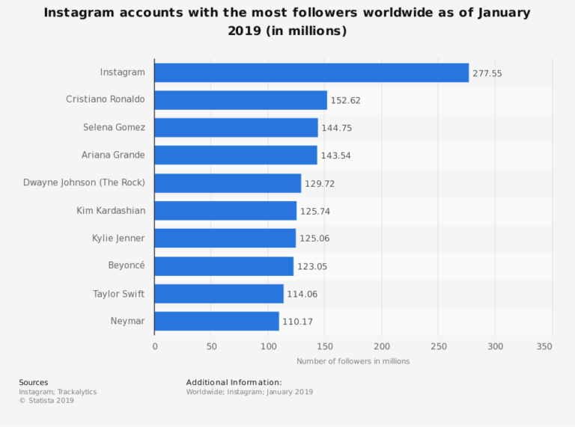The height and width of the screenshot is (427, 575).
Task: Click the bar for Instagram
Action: (311, 73)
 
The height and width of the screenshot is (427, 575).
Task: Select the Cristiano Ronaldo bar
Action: (240, 100)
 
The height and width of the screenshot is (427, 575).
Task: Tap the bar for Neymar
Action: (216, 322)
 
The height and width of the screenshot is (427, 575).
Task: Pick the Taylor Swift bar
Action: (219, 294)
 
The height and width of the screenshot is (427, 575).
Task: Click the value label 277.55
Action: (487, 73)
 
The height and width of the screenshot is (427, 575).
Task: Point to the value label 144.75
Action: (336, 128)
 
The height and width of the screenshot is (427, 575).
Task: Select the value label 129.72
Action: (320, 183)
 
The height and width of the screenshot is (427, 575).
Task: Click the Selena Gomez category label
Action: (114, 128)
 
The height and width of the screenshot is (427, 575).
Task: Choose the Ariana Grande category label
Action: (113, 156)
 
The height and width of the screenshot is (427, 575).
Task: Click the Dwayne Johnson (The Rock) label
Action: (84, 183)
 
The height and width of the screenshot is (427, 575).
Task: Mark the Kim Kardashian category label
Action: (111, 211)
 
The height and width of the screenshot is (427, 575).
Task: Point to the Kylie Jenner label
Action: (118, 239)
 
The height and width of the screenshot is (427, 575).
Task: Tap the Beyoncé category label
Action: (127, 266)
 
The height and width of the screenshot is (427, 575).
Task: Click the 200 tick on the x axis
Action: (382, 346)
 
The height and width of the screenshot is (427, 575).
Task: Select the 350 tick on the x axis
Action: (544, 346)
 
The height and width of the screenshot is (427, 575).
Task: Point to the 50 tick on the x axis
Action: (212, 346)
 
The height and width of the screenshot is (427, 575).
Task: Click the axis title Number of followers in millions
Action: (353, 361)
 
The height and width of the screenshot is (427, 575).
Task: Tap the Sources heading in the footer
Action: (34, 383)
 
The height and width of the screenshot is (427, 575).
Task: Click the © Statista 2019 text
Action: (46, 401)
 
